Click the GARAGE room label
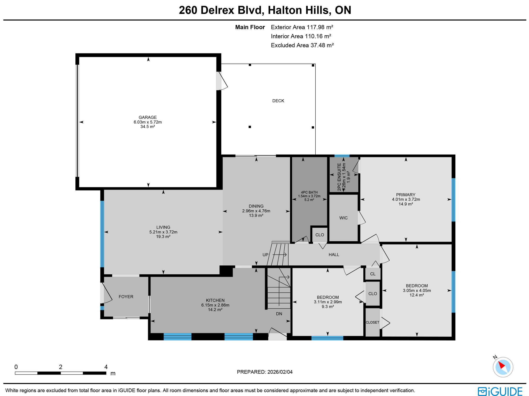point(147,117)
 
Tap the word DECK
point(278,101)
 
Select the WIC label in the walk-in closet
point(343,218)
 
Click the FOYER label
point(126,297)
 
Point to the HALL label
point(334,255)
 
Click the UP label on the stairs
point(265,255)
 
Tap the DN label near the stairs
point(279,314)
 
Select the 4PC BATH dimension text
point(309,196)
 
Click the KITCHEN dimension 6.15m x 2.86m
point(215,305)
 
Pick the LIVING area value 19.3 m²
point(163,236)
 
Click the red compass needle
point(501,365)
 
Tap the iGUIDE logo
point(500,391)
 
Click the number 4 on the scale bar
point(106,367)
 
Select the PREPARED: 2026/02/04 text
point(264,372)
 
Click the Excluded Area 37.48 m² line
point(302,45)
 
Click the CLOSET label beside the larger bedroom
point(372,322)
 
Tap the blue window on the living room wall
point(102,234)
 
